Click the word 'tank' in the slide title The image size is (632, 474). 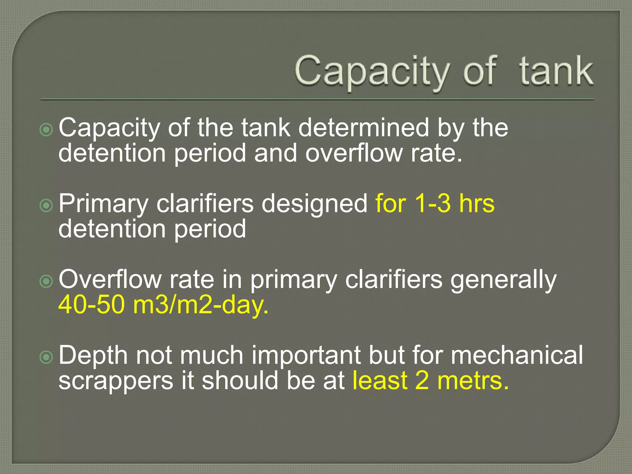tap(556, 72)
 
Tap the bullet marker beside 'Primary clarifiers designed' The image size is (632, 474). tap(46, 205)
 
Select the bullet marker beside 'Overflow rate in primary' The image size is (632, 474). tap(46, 281)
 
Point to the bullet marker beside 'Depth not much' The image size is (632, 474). tap(46, 357)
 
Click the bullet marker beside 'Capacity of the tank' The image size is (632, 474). tap(46, 130)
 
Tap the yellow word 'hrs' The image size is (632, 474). tap(476, 204)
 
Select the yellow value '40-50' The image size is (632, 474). tap(91, 305)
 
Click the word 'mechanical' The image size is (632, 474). tap(517, 355)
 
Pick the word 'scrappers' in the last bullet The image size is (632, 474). tap(116, 381)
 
